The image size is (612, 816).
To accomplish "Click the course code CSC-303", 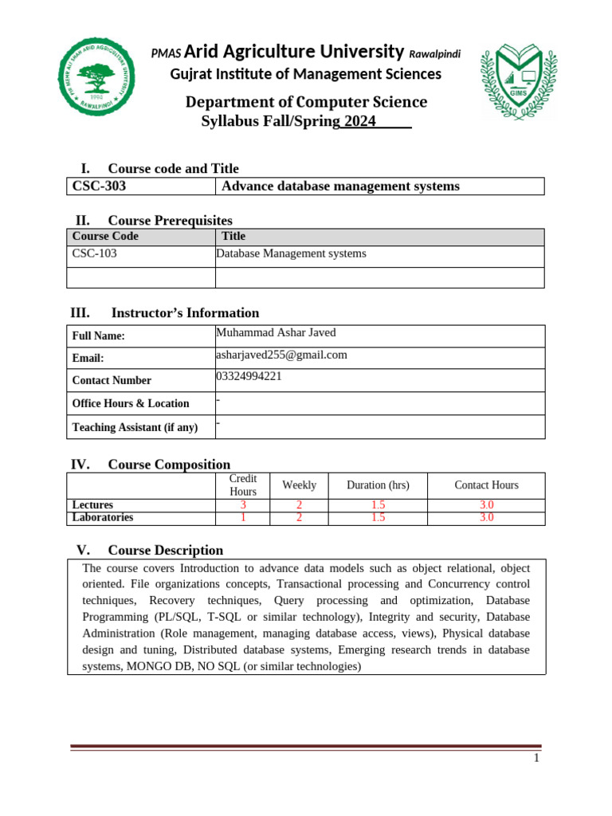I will coord(99,186).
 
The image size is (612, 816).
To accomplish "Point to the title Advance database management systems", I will coord(340,186).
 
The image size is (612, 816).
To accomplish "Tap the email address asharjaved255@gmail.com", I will coord(281,355).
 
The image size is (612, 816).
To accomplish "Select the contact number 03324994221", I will coord(249,377).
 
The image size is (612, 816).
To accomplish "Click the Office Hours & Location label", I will coord(131,404).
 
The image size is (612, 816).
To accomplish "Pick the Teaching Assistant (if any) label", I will coord(135,428).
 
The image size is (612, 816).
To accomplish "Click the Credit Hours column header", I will coord(243,485).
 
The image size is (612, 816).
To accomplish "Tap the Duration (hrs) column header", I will coord(378,485).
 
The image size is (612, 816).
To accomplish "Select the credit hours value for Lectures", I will coord(243,505).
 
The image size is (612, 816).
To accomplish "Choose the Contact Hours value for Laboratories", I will coord(486,517).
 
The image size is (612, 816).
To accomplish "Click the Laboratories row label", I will coord(103,517).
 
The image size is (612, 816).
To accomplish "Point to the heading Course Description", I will coord(165,551).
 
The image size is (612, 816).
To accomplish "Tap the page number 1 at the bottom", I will coord(537,759).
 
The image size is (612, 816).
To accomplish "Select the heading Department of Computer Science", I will coord(306,103).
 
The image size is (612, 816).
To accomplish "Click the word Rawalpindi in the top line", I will coord(434,54).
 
